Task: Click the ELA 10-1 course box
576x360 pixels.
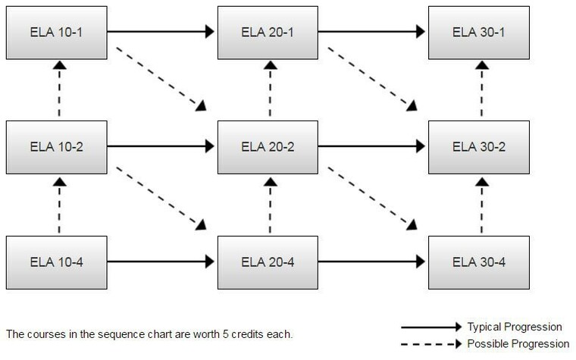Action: tap(57, 33)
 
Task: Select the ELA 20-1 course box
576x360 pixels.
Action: tap(268, 33)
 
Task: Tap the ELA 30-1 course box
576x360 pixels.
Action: tap(479, 33)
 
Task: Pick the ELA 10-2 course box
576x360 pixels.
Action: tap(57, 147)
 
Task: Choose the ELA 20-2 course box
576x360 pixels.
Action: tap(268, 147)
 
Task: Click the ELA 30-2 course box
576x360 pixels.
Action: tap(479, 147)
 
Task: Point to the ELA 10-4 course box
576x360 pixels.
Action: tap(57, 262)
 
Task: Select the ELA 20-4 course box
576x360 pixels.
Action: tap(268, 262)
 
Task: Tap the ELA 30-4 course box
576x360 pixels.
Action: tap(479, 262)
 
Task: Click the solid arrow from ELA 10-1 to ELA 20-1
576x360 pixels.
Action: tap(161, 32)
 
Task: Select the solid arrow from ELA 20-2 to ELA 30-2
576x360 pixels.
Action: tap(372, 146)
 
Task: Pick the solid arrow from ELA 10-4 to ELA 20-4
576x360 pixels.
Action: tap(161, 261)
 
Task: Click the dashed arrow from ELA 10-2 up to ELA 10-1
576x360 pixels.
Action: tap(60, 89)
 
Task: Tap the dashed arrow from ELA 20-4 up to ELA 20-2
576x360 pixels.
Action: tap(271, 205)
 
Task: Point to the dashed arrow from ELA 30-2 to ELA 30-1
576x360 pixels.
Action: tap(482, 89)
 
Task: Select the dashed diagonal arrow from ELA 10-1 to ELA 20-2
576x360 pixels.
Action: tap(161, 79)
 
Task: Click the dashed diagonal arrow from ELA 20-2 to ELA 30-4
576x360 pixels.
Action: tap(372, 199)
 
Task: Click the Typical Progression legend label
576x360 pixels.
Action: tap(515, 327)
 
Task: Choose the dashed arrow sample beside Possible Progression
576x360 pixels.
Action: tap(431, 344)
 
